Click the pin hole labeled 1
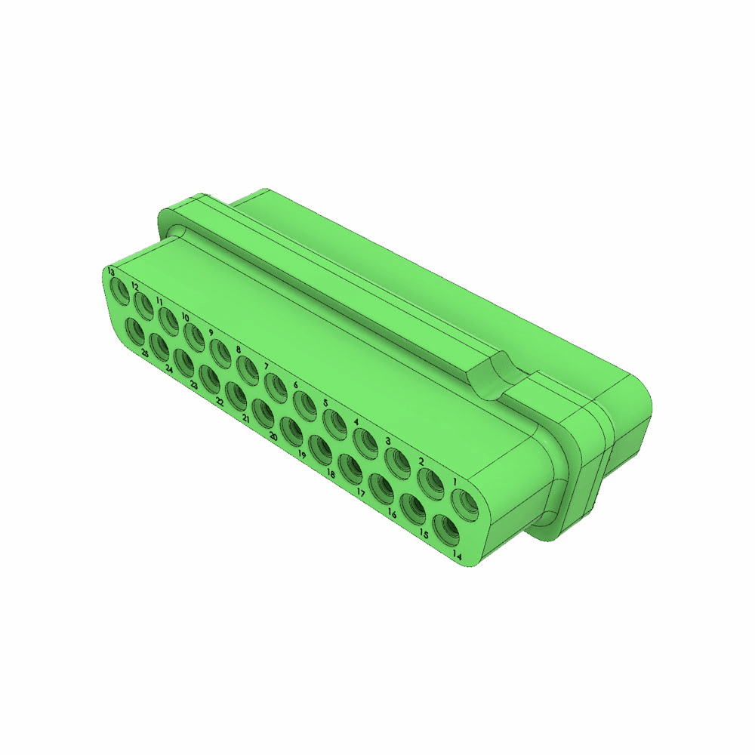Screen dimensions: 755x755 463,502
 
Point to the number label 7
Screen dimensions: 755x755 267,366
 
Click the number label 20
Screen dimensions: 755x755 273,436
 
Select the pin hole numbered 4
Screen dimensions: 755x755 365,442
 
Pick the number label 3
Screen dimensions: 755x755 387,441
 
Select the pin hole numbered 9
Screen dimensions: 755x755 220,352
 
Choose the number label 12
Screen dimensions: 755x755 134,286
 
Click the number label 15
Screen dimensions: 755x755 424,534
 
